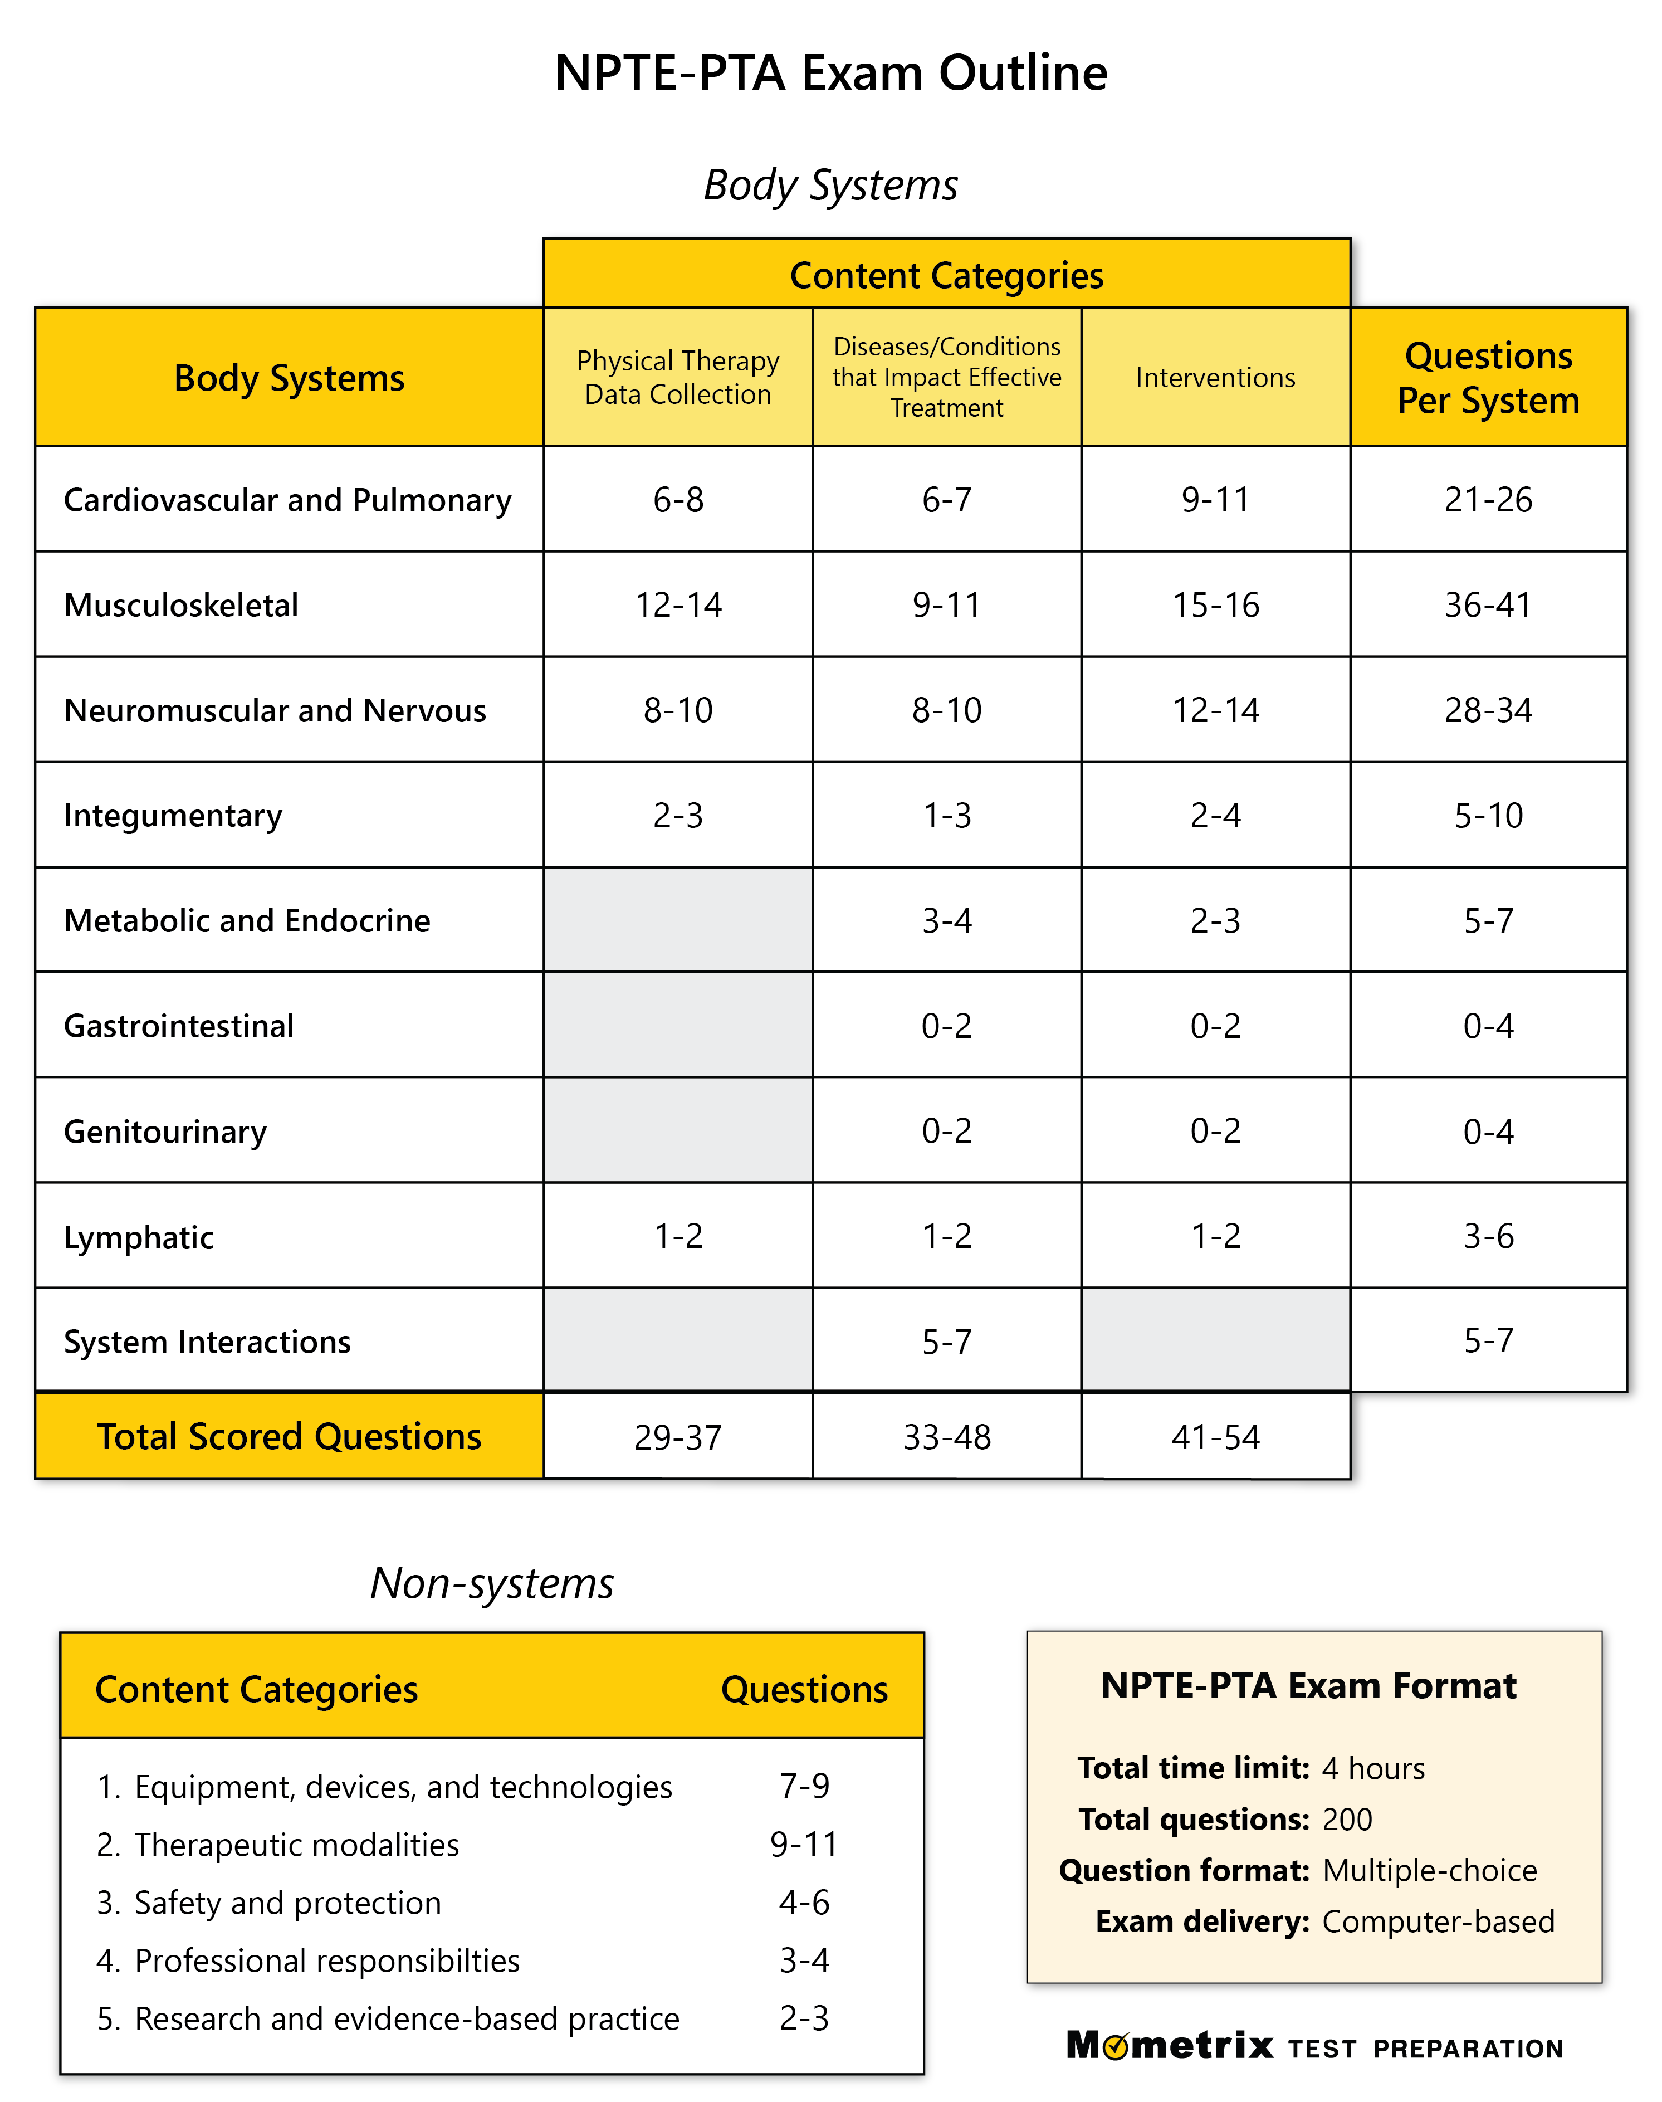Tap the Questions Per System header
[x=1488, y=378]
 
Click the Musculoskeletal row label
[x=181, y=605]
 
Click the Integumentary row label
[x=173, y=816]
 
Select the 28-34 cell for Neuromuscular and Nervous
[x=1488, y=710]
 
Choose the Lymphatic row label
[x=139, y=1237]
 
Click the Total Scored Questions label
[x=289, y=1436]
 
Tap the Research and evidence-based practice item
[x=406, y=2018]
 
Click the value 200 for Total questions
[x=1347, y=1819]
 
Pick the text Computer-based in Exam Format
[x=1437, y=1921]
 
